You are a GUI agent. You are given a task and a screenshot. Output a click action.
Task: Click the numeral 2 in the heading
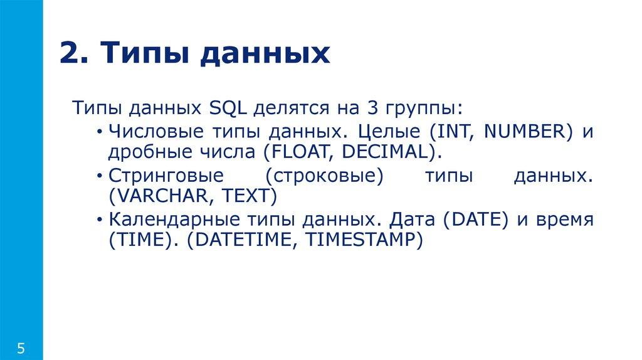click(69, 53)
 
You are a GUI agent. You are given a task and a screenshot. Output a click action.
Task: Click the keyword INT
click(445, 131)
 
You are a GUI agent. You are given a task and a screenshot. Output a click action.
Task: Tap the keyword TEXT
click(246, 196)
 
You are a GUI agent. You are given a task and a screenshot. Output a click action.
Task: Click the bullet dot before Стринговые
click(100, 176)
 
